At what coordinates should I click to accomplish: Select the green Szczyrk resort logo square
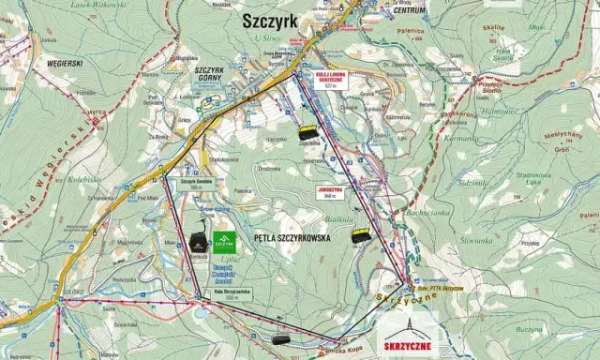pyautogui.click(x=225, y=243)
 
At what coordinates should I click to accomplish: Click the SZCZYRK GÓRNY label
pyautogui.click(x=213, y=75)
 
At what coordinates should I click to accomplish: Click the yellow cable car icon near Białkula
pyautogui.click(x=361, y=236)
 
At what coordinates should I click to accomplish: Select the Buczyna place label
pyautogui.click(x=530, y=330)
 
